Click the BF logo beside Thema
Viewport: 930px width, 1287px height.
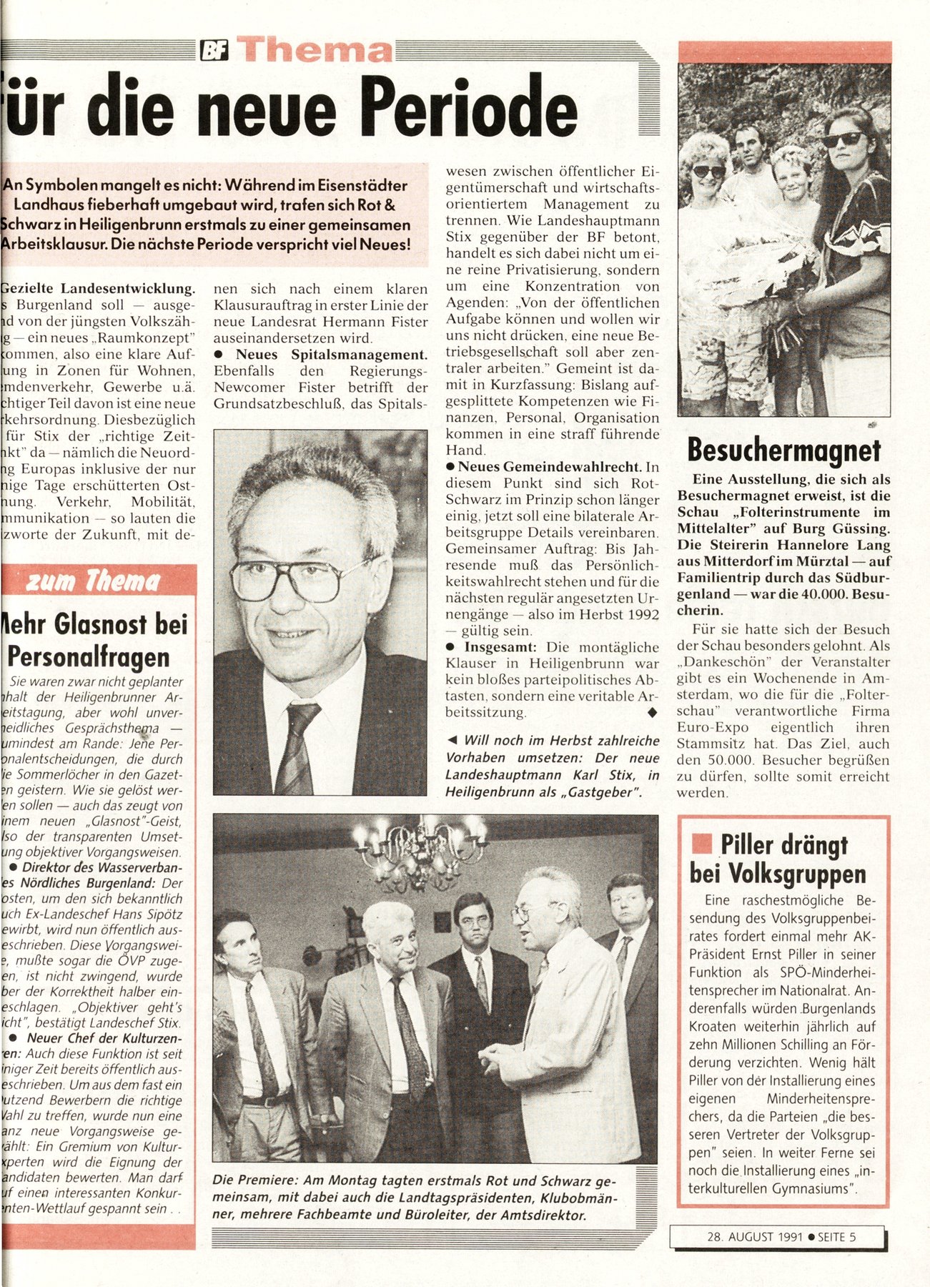pyautogui.click(x=214, y=51)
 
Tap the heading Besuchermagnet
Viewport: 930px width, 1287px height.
pyautogui.click(x=783, y=450)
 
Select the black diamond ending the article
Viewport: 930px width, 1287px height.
pyautogui.click(x=651, y=713)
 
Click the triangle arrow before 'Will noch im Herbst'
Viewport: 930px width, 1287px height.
pyautogui.click(x=452, y=740)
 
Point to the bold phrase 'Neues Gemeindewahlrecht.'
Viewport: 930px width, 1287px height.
pyautogui.click(x=549, y=467)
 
